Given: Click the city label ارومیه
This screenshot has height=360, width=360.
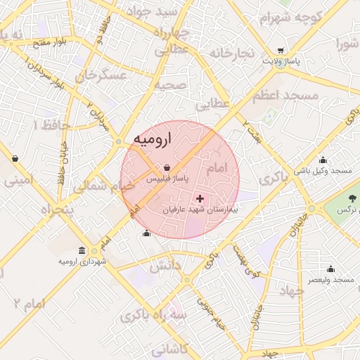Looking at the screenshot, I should tap(152, 139).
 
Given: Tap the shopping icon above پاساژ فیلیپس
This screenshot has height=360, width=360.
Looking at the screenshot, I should tap(166, 168).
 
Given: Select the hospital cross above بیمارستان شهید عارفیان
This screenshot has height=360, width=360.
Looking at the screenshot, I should tap(200, 199).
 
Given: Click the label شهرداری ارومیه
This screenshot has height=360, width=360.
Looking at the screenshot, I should tap(83, 262).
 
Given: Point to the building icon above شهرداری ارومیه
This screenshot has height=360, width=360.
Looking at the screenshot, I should tap(83, 251).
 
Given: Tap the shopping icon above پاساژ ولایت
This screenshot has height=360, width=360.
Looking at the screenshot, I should tap(281, 51).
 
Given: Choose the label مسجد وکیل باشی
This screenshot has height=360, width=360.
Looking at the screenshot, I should tap(323, 171).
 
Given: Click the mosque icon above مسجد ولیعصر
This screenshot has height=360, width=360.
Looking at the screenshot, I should tap(330, 269).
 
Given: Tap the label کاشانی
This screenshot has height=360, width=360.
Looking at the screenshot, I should tap(169, 347).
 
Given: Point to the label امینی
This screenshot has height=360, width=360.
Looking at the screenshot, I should tap(19, 180).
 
